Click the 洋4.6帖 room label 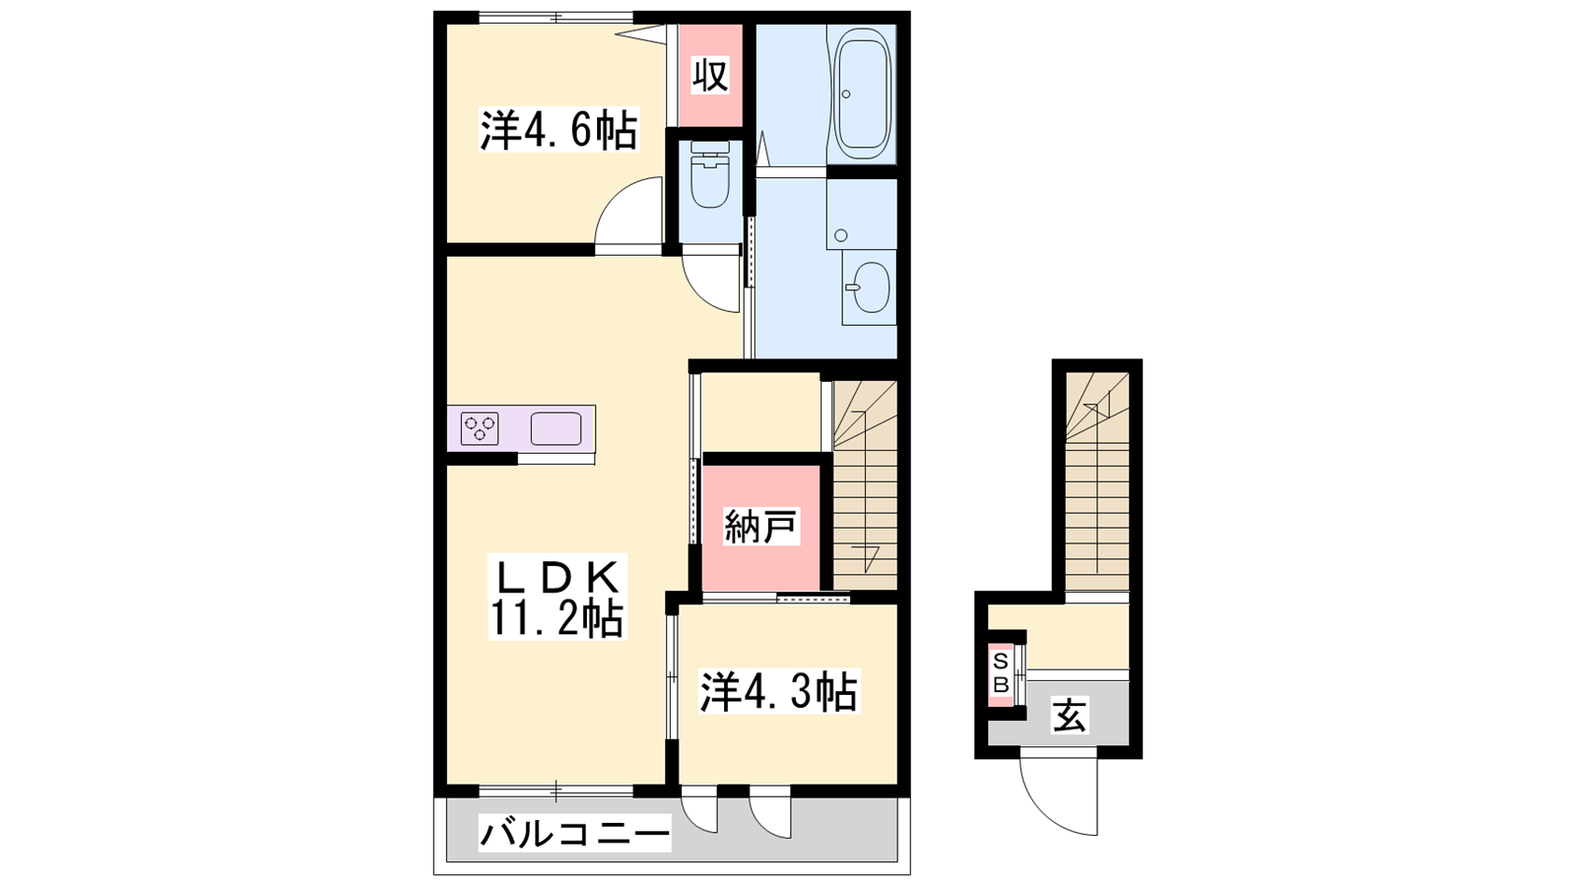(558, 129)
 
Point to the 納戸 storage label (760, 528)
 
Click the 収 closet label (710, 75)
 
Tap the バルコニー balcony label (574, 836)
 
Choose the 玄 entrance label (1070, 716)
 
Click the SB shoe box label (1001, 673)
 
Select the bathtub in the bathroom (862, 93)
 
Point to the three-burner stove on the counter (480, 428)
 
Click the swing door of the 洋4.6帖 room (628, 216)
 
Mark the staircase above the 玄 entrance (1097, 481)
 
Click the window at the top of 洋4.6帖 (556, 18)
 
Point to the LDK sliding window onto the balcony (556, 791)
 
